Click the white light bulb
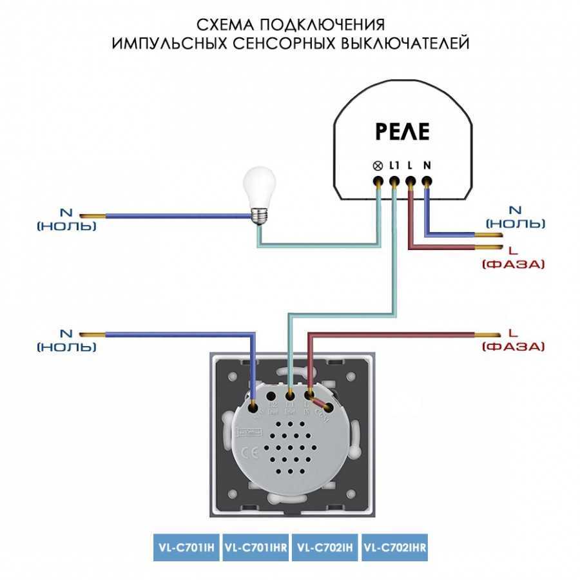point(262,187)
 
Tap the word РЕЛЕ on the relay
point(401,132)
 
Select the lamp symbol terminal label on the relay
point(377,166)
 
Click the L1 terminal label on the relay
point(394,166)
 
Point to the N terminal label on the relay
point(427,166)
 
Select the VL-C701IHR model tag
point(255,548)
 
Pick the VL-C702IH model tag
point(325,548)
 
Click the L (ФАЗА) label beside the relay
point(513,256)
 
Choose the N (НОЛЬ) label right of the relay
point(515,217)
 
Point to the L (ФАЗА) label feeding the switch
point(513,340)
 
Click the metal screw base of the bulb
point(259,215)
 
